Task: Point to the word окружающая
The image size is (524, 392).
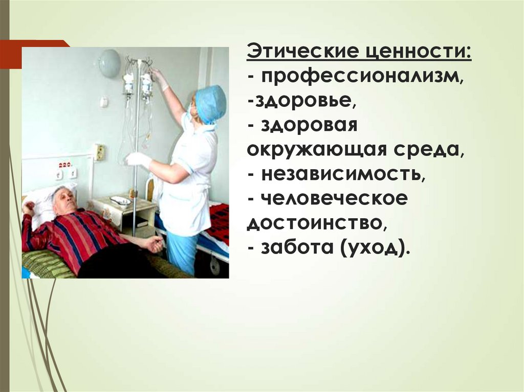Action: coord(317,149)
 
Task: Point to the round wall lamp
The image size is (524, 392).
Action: coord(109,63)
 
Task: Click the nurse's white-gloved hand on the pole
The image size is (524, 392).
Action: coord(138,159)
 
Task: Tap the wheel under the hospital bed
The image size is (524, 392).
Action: coord(215,266)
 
